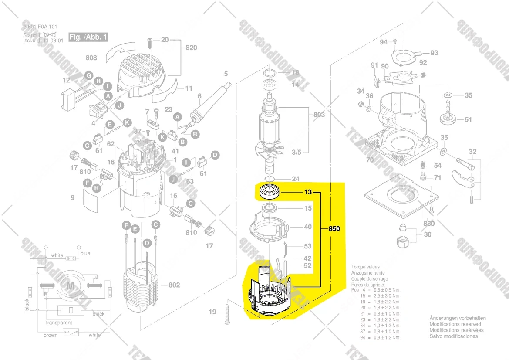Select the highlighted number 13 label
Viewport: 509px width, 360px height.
pyautogui.click(x=308, y=192)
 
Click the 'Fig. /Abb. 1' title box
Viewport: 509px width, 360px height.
pyautogui.click(x=88, y=37)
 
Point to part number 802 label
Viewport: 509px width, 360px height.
pyautogui.click(x=174, y=285)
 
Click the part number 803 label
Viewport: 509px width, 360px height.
pyautogui.click(x=319, y=115)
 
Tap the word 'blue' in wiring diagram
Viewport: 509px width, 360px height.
pyautogui.click(x=85, y=253)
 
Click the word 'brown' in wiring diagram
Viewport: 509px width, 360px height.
pyautogui.click(x=51, y=335)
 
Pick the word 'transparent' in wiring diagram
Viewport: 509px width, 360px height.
pyautogui.click(x=59, y=323)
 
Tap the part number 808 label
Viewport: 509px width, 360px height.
pyautogui.click(x=91, y=57)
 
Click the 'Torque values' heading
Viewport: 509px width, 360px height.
pyautogui.click(x=365, y=267)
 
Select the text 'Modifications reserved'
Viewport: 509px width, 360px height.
pyautogui.click(x=455, y=324)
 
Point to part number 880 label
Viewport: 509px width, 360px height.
pyautogui.click(x=428, y=224)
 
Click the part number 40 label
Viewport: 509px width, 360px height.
pyautogui.click(x=308, y=227)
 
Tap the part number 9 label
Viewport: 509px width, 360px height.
pyautogui.click(x=73, y=198)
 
